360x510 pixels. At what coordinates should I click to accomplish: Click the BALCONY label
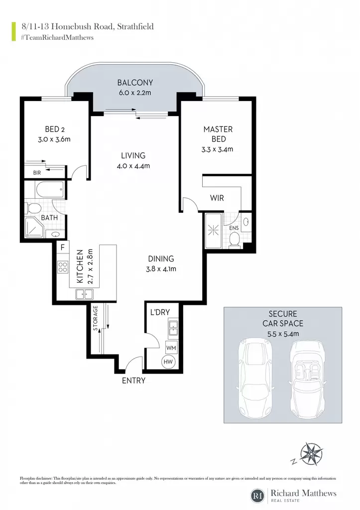click(135, 83)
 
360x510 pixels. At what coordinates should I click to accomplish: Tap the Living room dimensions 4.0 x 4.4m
click(133, 166)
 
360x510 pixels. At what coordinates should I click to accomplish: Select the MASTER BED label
click(218, 134)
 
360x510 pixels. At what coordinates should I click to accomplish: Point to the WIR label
click(217, 198)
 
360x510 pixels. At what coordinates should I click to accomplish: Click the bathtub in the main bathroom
click(50, 189)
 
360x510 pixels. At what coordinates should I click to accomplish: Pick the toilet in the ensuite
click(235, 241)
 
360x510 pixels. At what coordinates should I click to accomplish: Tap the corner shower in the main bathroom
click(34, 227)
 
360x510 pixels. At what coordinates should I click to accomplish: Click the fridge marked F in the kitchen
click(62, 247)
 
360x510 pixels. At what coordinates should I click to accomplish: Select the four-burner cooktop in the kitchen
click(63, 267)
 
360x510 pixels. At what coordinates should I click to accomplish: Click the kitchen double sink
click(84, 294)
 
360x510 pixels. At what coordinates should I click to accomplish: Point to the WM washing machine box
click(171, 348)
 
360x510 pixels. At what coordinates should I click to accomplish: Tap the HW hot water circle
click(168, 362)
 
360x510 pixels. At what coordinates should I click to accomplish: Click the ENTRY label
click(133, 381)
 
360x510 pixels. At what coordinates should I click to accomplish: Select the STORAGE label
click(95, 318)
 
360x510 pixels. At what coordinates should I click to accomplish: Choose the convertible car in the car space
click(306, 379)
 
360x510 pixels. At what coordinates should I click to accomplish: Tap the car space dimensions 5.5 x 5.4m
click(283, 333)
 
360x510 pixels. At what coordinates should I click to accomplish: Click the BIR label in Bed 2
click(37, 173)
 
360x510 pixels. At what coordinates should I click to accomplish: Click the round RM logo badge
click(258, 496)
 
